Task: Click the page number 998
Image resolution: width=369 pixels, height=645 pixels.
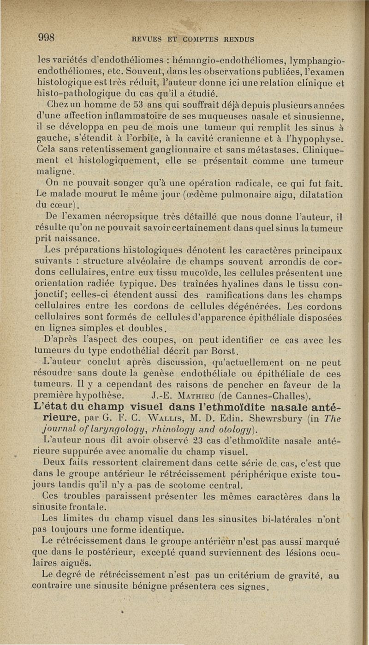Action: click(48, 37)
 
